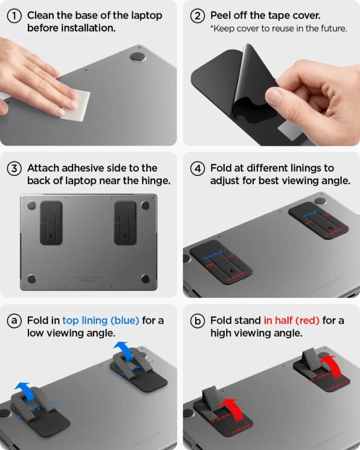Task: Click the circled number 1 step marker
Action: click(x=15, y=16)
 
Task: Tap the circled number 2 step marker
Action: click(x=197, y=16)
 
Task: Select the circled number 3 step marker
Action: click(x=15, y=169)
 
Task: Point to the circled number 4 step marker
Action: click(x=197, y=169)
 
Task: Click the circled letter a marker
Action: click(x=15, y=321)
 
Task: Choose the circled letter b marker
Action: click(x=197, y=321)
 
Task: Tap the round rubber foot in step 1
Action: click(x=138, y=57)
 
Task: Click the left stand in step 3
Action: click(x=53, y=223)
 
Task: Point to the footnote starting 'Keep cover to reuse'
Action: click(x=278, y=29)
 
